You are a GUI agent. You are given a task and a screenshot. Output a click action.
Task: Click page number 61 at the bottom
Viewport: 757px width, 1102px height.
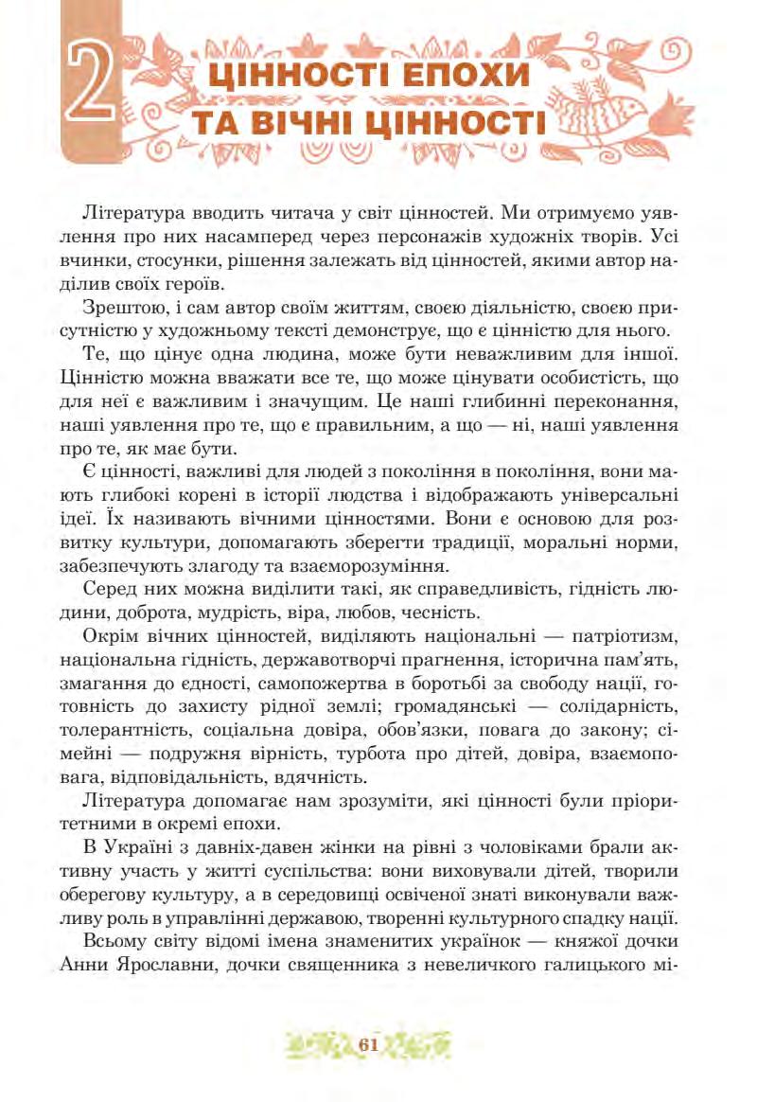coord(369,1044)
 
